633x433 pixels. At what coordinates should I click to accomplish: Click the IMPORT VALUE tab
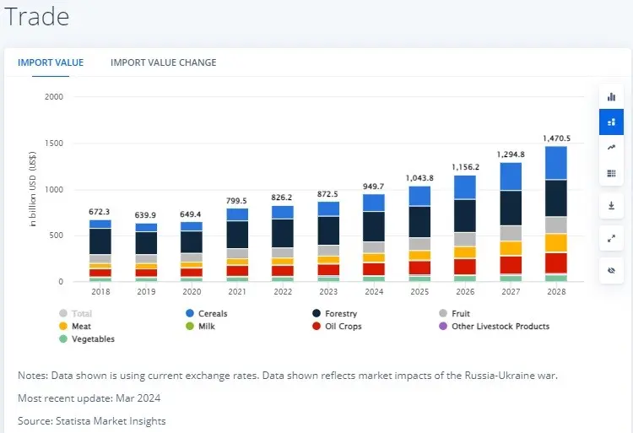coord(51,62)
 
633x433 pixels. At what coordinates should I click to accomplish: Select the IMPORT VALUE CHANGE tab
coord(163,62)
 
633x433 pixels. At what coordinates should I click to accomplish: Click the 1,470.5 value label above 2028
coord(556,138)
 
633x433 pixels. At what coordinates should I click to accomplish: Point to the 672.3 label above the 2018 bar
coord(100,212)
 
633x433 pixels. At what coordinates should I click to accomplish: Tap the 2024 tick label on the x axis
coord(374,292)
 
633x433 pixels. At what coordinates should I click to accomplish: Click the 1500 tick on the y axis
coord(53,143)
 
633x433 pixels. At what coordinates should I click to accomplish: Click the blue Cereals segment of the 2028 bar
coord(556,162)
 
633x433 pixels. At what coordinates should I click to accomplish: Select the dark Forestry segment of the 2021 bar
coord(237,234)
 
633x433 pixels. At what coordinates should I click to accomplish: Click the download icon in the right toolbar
coord(612,205)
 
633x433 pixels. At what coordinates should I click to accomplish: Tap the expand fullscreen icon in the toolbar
coord(612,239)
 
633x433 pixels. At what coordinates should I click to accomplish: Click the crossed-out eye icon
coord(612,271)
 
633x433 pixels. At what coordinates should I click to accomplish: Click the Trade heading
coord(36,17)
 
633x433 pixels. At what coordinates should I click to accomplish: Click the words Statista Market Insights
coord(110,421)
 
